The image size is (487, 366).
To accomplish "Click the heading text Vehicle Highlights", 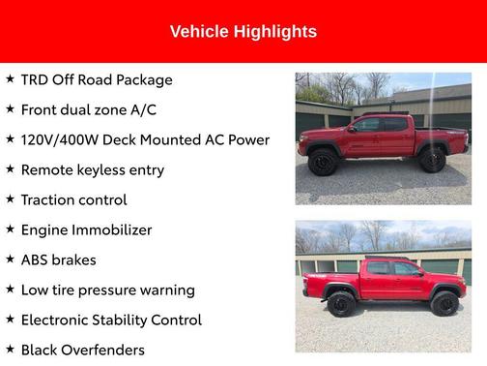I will [x=243, y=32].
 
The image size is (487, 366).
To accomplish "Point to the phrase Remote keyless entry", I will [x=93, y=169].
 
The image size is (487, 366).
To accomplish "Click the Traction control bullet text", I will [x=73, y=199].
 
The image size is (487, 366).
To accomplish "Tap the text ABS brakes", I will [x=59, y=259].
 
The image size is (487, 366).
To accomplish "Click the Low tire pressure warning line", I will [x=108, y=290].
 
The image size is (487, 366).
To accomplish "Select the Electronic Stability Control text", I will [x=111, y=320].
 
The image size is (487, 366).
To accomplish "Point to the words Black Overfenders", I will [x=83, y=350].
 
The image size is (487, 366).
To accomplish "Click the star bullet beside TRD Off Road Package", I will [x=10, y=79].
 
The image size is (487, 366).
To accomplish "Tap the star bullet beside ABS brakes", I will [x=10, y=259].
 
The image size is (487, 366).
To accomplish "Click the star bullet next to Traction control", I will [x=10, y=198].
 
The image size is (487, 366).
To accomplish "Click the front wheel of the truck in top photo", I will [x=323, y=162].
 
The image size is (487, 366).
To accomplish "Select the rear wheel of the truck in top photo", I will [x=432, y=160].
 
